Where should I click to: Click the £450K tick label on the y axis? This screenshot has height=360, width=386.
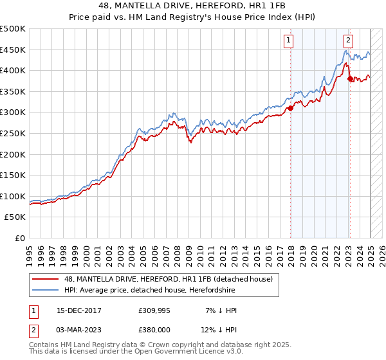click(x=13, y=50)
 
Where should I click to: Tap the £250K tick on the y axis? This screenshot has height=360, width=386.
click(x=13, y=133)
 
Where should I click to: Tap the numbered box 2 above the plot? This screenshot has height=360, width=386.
click(x=348, y=40)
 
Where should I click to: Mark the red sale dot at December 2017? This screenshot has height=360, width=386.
click(x=290, y=108)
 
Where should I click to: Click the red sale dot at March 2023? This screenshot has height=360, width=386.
click(x=350, y=79)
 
